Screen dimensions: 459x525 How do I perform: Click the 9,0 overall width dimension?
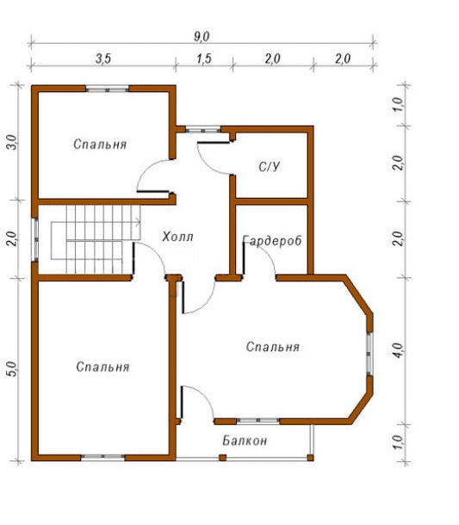[202, 36]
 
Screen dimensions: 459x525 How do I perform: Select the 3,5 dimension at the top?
[103, 59]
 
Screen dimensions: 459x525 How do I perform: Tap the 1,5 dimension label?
[204, 59]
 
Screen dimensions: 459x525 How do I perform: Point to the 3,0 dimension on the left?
[12, 142]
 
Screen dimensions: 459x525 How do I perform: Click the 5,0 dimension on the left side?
[12, 368]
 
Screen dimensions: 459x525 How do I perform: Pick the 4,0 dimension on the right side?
[399, 350]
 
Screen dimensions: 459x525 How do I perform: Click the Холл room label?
[178, 237]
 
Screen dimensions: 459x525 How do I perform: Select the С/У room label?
[269, 166]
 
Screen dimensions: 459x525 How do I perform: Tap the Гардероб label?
[272, 240]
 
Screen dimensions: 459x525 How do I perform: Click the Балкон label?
[245, 441]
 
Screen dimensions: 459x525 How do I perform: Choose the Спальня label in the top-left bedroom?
[100, 145]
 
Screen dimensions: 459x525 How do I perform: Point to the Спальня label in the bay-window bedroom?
[273, 347]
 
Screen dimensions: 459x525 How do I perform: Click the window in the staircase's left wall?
[34, 240]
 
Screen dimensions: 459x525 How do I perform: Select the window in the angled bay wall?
[369, 354]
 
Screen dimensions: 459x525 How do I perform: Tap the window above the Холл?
[203, 129]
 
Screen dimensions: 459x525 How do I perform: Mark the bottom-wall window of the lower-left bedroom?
[102, 457]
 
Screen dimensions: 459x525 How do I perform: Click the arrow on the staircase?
[138, 220]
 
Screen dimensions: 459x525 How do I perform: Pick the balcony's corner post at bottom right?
[311, 458]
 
